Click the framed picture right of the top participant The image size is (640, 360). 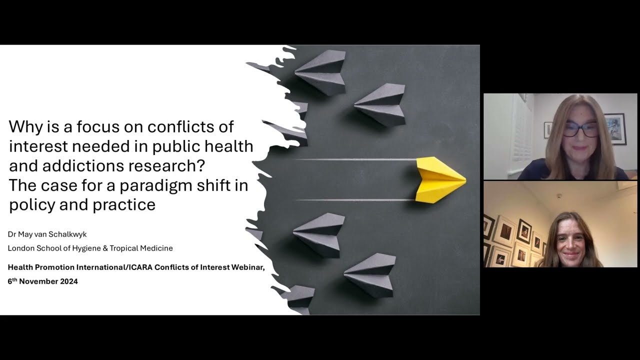point(614,128)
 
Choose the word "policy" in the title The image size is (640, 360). point(29,205)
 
